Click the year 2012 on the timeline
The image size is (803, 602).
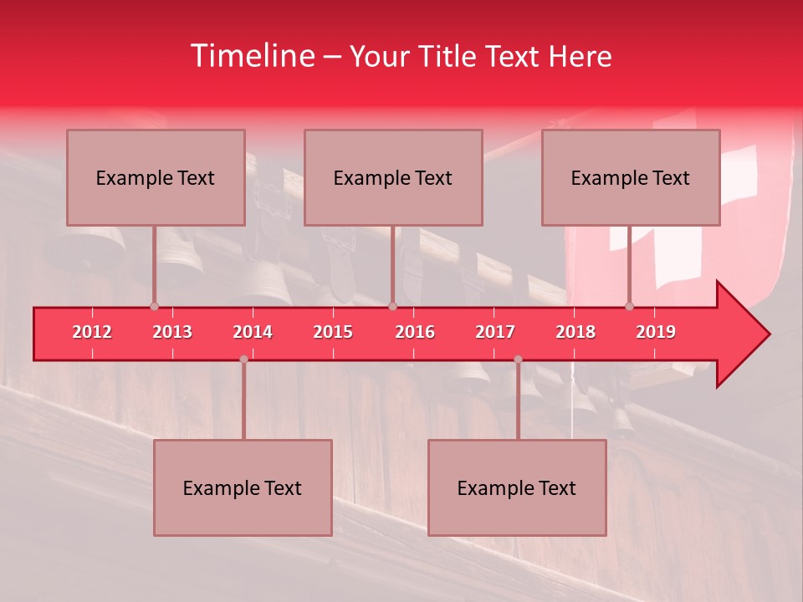(92, 332)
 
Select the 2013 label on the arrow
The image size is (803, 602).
(172, 332)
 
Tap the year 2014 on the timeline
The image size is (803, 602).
(253, 332)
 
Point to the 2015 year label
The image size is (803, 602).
(333, 332)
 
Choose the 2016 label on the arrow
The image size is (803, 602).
(415, 332)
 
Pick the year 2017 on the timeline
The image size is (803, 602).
(495, 332)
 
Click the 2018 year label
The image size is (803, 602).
(575, 332)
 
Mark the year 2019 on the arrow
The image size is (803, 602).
(656, 332)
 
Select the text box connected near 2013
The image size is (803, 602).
(156, 177)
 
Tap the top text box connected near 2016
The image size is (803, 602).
(393, 177)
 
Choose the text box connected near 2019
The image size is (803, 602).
(631, 177)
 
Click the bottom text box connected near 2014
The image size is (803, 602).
(243, 487)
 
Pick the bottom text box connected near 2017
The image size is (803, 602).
(517, 487)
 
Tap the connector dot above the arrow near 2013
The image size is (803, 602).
(154, 306)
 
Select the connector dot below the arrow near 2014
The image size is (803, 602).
(243, 359)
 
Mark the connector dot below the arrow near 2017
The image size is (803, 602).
(518, 359)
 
